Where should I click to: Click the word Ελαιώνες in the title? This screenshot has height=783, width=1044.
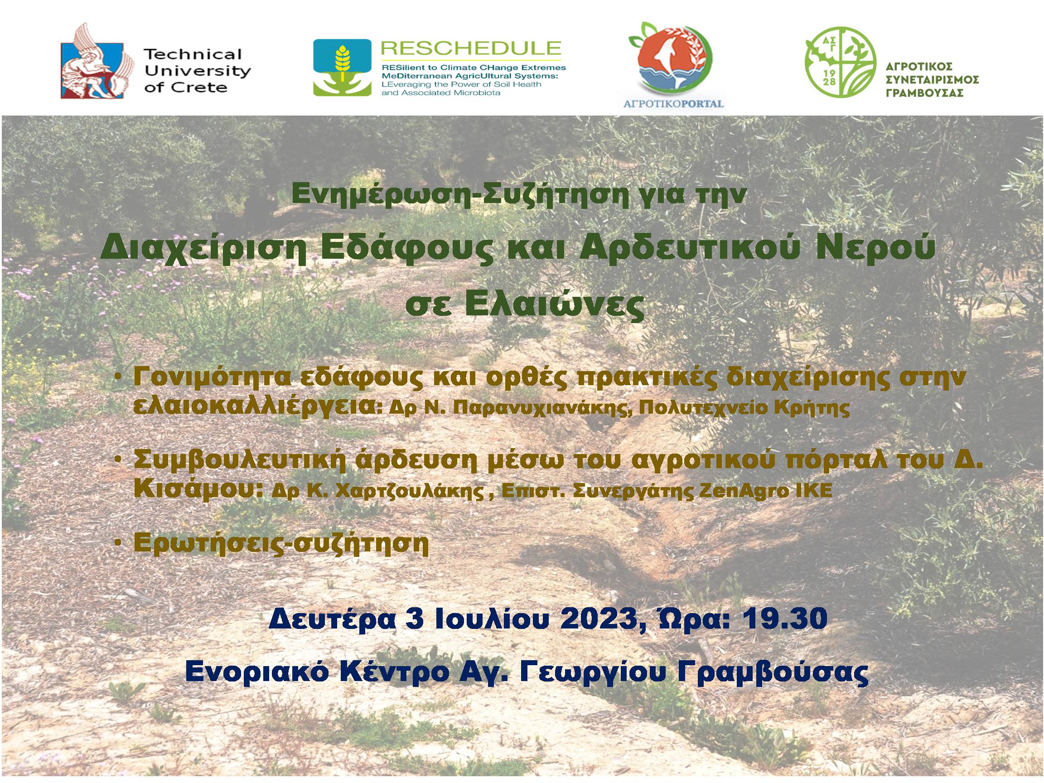coord(555,306)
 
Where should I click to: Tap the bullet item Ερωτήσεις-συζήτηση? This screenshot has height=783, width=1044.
coord(281,544)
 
